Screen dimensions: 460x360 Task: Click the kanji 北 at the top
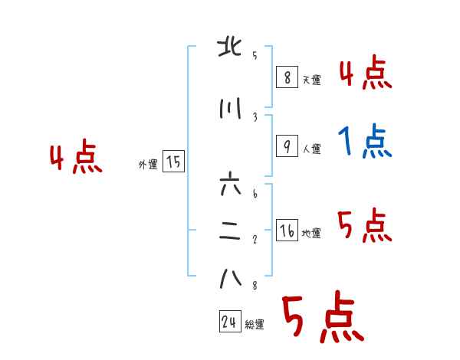pyautogui.click(x=230, y=47)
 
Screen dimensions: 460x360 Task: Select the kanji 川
pyautogui.click(x=230, y=109)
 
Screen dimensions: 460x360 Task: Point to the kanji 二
pyautogui.click(x=230, y=231)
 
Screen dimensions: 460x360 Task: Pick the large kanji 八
pyautogui.click(x=231, y=278)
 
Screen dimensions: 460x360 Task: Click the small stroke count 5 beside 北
pyautogui.click(x=255, y=55)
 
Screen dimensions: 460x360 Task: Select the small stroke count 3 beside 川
pyautogui.click(x=255, y=117)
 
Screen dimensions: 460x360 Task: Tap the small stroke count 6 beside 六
pyautogui.click(x=255, y=194)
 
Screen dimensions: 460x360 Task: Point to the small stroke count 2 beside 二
pyautogui.click(x=255, y=240)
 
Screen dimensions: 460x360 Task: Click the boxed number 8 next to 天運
pyautogui.click(x=287, y=77)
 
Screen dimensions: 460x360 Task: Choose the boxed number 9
pyautogui.click(x=287, y=146)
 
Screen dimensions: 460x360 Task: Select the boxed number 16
pyautogui.click(x=287, y=230)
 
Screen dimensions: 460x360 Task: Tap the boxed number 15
pyautogui.click(x=173, y=162)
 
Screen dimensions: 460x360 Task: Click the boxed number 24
pyautogui.click(x=230, y=321)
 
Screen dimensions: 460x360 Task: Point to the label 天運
pyautogui.click(x=312, y=80)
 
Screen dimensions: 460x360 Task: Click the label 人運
pyautogui.click(x=312, y=149)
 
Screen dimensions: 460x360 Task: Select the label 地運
pyautogui.click(x=311, y=234)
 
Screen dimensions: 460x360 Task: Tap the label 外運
pyautogui.click(x=148, y=165)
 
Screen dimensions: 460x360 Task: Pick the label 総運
pyautogui.click(x=255, y=324)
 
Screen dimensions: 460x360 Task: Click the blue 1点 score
pyautogui.click(x=365, y=141)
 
